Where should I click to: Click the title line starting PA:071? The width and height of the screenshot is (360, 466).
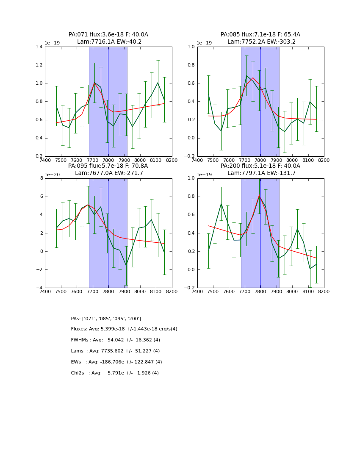point(108,35)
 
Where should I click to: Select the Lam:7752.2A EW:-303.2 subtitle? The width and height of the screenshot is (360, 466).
point(260,42)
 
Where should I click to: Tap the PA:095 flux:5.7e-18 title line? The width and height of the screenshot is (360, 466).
point(108,166)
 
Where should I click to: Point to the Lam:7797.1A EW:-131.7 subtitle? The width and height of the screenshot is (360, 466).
point(260,173)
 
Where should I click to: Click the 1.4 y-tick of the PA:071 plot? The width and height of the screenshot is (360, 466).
point(39,47)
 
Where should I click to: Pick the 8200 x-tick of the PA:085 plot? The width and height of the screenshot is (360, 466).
point(324,160)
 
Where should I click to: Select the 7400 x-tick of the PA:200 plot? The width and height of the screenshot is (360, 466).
point(197,291)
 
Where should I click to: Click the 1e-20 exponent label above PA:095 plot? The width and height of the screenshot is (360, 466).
point(52,175)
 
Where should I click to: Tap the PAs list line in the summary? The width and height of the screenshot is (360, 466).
point(106,319)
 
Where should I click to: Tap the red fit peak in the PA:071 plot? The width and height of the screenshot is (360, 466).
point(94,83)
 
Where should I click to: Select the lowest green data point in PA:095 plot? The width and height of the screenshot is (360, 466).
point(126,266)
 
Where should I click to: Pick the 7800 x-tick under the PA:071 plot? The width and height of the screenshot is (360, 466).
point(108,160)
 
